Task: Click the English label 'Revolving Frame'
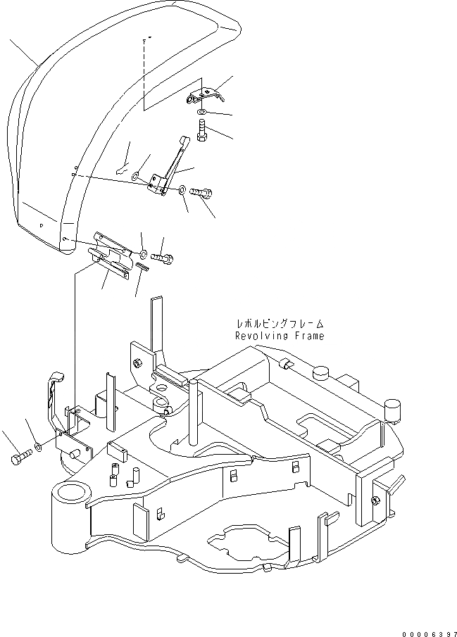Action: (280, 336)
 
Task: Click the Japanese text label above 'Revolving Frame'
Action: (280, 324)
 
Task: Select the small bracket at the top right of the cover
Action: (205, 94)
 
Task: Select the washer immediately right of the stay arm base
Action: (182, 189)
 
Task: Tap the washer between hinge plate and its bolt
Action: (143, 253)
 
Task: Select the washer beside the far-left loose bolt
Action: (38, 446)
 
